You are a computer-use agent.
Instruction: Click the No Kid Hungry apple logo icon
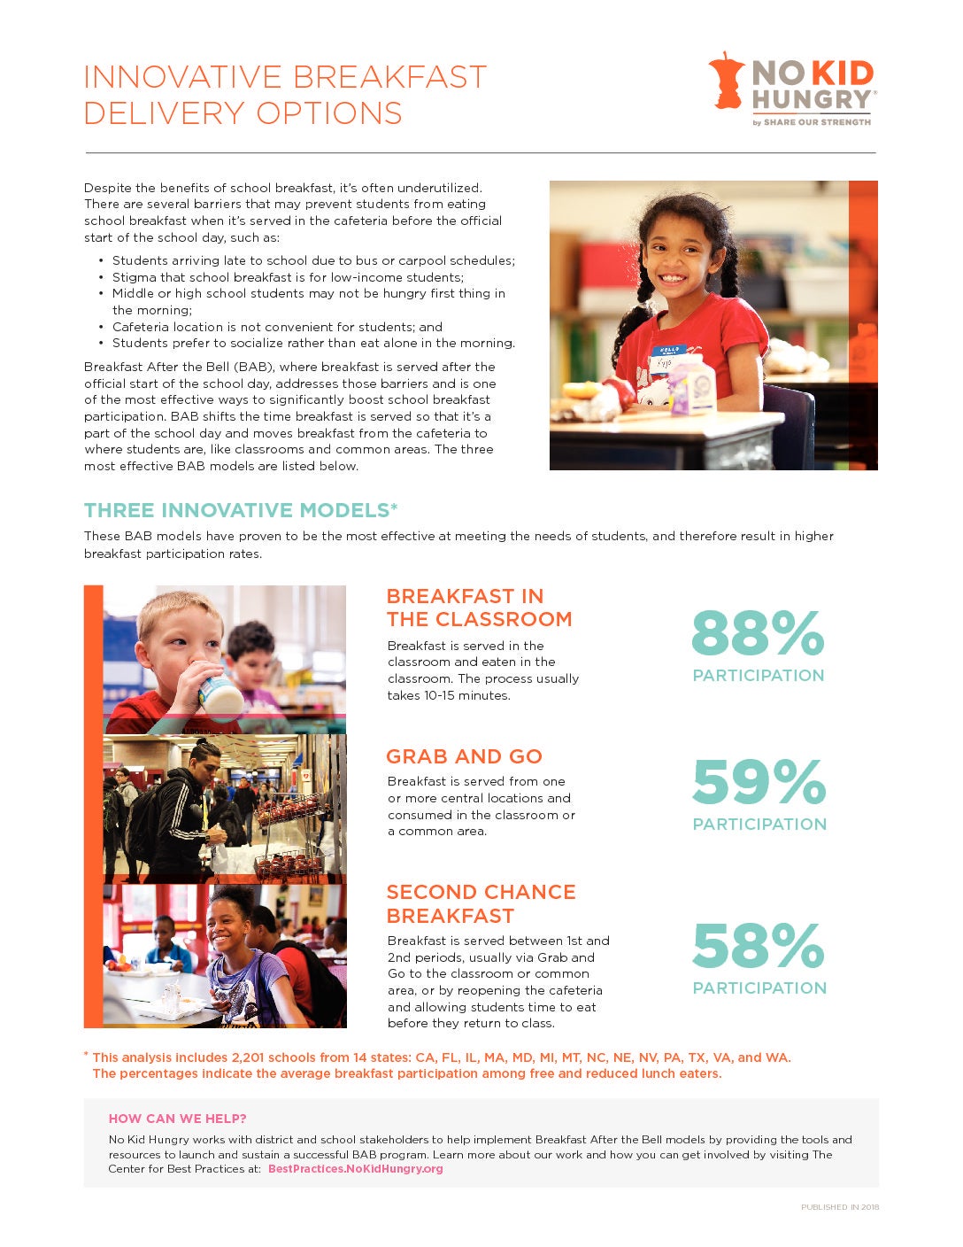click(727, 81)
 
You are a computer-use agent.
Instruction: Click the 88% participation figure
click(758, 633)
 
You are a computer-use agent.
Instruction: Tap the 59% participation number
click(759, 782)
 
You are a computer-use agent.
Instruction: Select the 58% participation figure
click(759, 946)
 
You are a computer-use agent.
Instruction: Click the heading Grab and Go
click(464, 756)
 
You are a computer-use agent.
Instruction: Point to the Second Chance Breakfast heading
click(481, 903)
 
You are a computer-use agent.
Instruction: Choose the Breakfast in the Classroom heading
click(479, 608)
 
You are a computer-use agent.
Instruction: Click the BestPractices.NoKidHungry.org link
click(355, 1169)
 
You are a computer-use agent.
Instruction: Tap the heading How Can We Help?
click(177, 1119)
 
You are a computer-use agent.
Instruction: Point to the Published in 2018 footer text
click(839, 1207)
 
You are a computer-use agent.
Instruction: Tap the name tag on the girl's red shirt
click(669, 357)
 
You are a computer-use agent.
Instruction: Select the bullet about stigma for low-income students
click(287, 277)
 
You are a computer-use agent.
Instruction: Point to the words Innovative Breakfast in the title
click(285, 77)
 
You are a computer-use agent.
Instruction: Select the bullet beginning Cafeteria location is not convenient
click(277, 327)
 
